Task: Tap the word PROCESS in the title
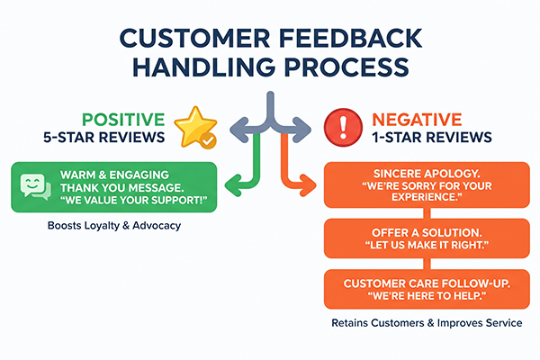(x=346, y=67)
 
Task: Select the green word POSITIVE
(x=123, y=120)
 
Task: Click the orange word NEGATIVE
(x=417, y=120)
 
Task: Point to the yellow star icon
(x=195, y=126)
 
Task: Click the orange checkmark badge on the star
(x=209, y=140)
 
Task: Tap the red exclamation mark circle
(x=343, y=127)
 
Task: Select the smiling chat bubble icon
(x=35, y=186)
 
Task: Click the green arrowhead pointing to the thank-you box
(x=233, y=185)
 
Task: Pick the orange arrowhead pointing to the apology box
(x=308, y=185)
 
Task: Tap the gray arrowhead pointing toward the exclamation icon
(x=302, y=130)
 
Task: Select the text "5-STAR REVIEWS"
(x=104, y=138)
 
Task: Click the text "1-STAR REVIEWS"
(x=432, y=138)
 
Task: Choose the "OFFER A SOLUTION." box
(x=427, y=238)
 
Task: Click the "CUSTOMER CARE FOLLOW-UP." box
(x=427, y=290)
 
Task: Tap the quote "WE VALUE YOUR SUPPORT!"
(x=134, y=201)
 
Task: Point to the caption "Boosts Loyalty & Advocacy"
(x=114, y=226)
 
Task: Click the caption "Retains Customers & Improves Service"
(x=427, y=323)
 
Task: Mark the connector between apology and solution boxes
(x=427, y=213)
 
